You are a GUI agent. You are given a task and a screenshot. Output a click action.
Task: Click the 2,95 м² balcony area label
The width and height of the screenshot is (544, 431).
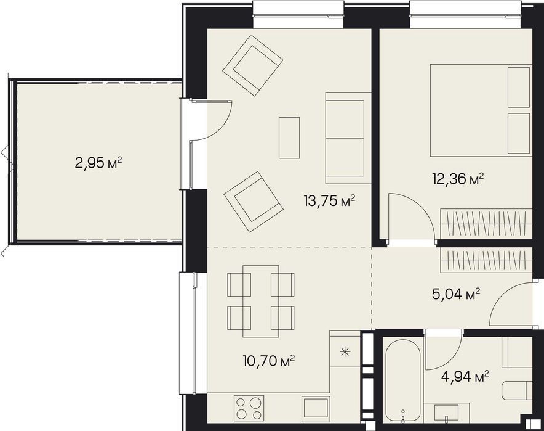(x=98, y=162)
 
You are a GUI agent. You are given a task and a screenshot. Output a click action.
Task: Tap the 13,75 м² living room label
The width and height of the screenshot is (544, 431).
(x=329, y=200)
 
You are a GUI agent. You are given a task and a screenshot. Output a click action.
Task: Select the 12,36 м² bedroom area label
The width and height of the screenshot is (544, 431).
(x=458, y=179)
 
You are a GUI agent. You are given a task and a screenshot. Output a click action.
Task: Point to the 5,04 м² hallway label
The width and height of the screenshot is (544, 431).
(x=456, y=294)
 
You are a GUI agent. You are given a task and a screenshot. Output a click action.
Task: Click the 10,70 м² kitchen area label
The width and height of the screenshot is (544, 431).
(x=269, y=361)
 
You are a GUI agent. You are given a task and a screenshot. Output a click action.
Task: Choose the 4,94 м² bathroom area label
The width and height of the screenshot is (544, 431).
(x=465, y=376)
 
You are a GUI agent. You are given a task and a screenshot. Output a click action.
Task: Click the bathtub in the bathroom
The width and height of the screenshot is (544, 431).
(x=403, y=380)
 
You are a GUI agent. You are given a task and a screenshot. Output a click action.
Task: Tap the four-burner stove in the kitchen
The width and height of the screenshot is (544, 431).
(x=249, y=408)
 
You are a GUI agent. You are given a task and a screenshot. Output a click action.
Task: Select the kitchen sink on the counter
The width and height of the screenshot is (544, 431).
(x=315, y=408)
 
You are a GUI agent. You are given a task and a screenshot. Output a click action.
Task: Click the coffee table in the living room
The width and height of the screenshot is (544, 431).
(x=289, y=138)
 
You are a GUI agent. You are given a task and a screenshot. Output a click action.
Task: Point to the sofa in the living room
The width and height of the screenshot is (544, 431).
(x=348, y=138)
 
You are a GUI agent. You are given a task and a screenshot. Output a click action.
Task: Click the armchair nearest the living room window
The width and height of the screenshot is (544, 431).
(x=252, y=65)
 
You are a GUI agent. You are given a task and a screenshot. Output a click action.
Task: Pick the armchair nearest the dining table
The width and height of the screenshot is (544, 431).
(x=254, y=202)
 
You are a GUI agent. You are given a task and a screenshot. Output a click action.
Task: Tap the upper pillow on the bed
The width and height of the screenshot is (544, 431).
(x=519, y=87)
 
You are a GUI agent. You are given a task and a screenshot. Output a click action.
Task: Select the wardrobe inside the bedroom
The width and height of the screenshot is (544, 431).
(x=486, y=223)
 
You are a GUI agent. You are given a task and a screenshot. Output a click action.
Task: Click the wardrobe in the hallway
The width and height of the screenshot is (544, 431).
(x=486, y=261)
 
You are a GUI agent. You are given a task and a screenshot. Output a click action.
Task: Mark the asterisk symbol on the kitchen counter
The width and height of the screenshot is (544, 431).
(x=345, y=352)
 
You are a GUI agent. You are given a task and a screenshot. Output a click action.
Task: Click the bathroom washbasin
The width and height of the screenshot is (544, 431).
(x=446, y=413)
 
